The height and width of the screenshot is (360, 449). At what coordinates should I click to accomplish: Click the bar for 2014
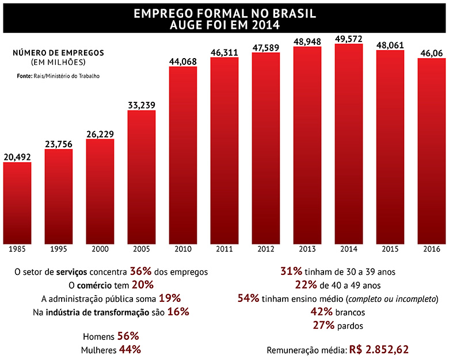pyautogui.click(x=348, y=144)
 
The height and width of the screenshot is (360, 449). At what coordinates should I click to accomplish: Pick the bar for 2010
pyautogui.click(x=183, y=155)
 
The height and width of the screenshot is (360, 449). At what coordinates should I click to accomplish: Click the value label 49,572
pyautogui.click(x=349, y=38)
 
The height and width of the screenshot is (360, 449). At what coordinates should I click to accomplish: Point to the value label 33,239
pyautogui.click(x=142, y=105)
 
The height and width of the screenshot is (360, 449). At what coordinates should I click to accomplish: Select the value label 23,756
pyautogui.click(x=59, y=144)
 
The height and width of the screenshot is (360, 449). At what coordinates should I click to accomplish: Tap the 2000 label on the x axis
pyautogui.click(x=100, y=249)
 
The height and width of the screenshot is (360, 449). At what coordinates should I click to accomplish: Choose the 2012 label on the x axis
pyautogui.click(x=265, y=249)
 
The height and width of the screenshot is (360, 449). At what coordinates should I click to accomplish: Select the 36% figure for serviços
pyautogui.click(x=141, y=270)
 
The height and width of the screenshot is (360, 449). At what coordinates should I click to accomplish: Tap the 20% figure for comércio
pyautogui.click(x=142, y=284)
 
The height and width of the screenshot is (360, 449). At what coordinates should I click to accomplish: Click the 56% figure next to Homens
pyautogui.click(x=128, y=336)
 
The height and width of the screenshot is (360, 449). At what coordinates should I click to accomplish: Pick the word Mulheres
pyautogui.click(x=100, y=350)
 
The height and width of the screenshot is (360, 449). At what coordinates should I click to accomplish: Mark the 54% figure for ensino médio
pyautogui.click(x=248, y=298)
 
